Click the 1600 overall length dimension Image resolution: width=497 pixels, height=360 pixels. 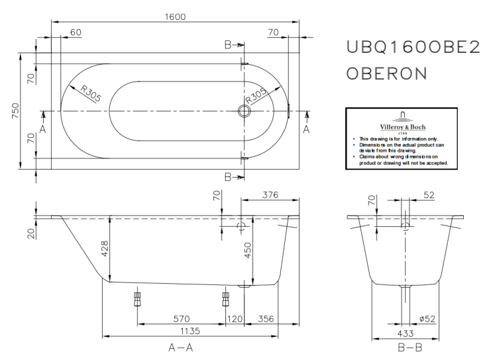click(174, 17)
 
